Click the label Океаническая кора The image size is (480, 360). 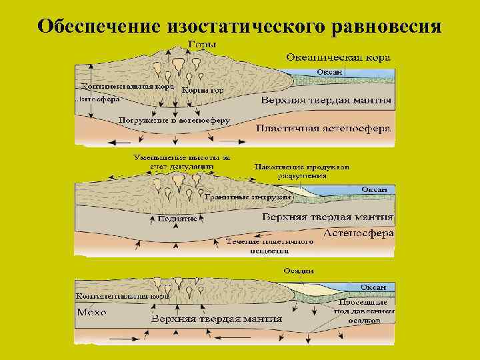tap(339, 57)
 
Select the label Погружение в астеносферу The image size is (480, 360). tap(174, 121)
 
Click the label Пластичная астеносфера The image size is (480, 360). tap(323, 127)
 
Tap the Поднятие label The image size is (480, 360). tap(175, 219)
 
